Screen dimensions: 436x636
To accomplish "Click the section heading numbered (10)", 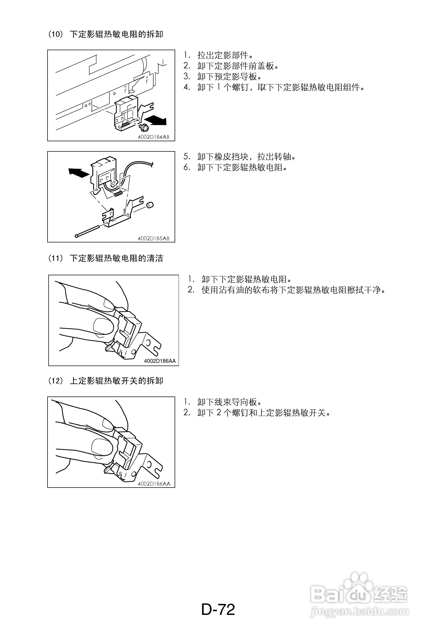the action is (106, 34).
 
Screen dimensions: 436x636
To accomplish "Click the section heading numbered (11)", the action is (106, 258).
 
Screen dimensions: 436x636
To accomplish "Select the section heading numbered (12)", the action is (106, 381).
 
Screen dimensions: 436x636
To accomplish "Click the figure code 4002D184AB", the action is (153, 137).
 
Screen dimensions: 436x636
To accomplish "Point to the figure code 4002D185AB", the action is (153, 238).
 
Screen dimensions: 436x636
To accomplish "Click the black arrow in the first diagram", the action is (155, 120).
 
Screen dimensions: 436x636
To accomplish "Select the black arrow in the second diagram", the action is (79, 173).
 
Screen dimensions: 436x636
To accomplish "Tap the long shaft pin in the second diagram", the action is (87, 231).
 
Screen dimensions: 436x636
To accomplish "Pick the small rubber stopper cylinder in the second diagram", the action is (150, 205).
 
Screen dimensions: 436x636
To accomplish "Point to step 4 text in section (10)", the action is (274, 87).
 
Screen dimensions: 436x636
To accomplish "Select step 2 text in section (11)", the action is (286, 290).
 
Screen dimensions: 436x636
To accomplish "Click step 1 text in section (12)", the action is (222, 402).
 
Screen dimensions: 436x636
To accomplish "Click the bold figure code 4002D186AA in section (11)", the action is (160, 361).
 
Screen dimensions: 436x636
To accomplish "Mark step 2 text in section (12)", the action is (257, 413).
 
